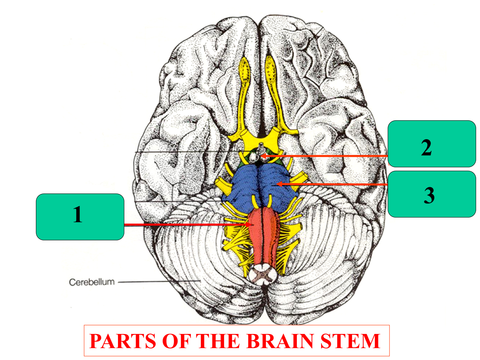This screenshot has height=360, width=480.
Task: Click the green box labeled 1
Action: point(80,217)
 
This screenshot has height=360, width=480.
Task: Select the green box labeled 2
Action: point(432,144)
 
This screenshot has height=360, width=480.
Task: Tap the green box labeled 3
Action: point(432,194)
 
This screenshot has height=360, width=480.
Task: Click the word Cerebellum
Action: point(92,282)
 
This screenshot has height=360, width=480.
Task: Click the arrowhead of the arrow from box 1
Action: point(250,225)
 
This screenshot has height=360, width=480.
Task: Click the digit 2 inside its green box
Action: point(426,148)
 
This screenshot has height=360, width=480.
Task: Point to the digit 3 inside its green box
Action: point(429,196)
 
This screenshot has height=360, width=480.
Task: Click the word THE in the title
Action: point(216,341)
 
